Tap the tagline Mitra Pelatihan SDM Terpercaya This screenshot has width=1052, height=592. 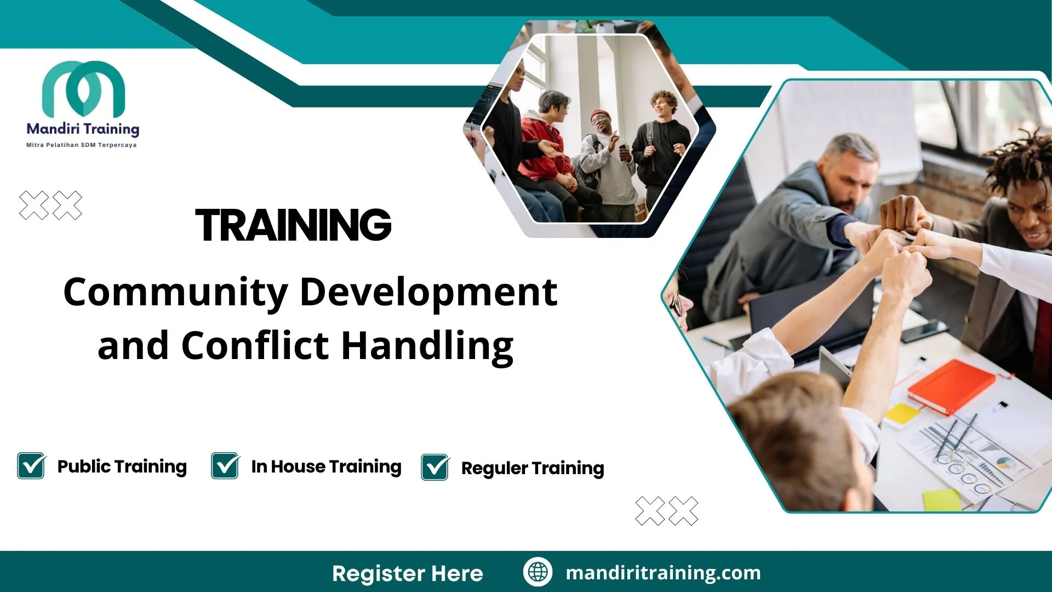[x=82, y=145]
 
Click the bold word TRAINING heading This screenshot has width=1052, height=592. [x=294, y=225]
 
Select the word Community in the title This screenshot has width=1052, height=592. [x=176, y=292]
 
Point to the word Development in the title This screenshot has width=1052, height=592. [x=428, y=292]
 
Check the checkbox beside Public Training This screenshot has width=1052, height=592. [x=31, y=466]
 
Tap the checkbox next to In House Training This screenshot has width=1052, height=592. [x=225, y=466]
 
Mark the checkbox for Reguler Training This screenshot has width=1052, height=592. [x=435, y=468]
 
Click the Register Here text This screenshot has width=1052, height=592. [x=408, y=573]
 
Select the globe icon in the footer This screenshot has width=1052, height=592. [x=538, y=572]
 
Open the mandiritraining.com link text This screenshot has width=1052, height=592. [x=663, y=573]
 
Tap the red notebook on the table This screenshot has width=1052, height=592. [x=951, y=385]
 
